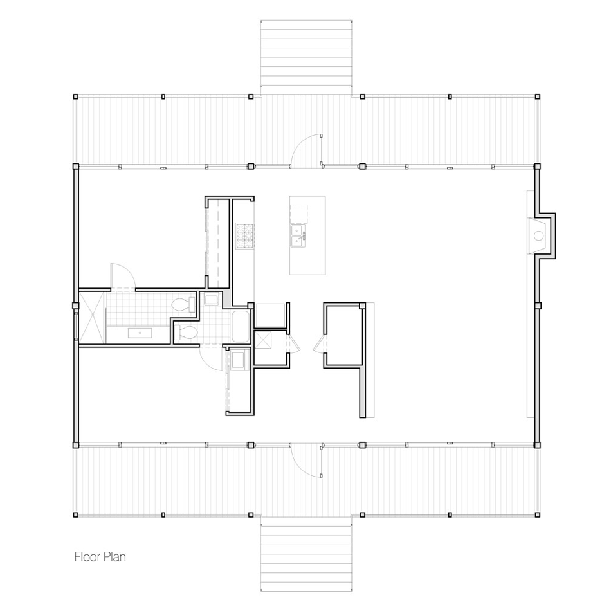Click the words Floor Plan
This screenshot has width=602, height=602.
[x=100, y=557]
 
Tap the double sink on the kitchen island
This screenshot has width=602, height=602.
[x=298, y=236]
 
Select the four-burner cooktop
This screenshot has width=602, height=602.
[x=245, y=235]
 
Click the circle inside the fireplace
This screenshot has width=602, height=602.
[x=539, y=236]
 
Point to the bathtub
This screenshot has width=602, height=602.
[x=241, y=327]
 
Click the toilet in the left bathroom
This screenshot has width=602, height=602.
[x=183, y=306]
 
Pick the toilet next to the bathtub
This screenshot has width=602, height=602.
[x=185, y=333]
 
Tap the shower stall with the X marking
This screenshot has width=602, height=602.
[x=92, y=318]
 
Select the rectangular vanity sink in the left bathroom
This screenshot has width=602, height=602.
[x=140, y=333]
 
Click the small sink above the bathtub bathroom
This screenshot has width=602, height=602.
[x=211, y=299]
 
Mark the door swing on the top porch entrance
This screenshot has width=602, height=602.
[x=306, y=150]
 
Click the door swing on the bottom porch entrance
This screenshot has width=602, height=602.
[x=306, y=461]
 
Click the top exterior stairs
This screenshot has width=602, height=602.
[x=306, y=58]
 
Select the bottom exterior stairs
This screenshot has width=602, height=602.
[x=306, y=554]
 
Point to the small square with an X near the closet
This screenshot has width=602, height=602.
[x=263, y=340]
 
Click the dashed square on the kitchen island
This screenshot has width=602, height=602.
[x=298, y=214]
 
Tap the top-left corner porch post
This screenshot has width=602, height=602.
[x=76, y=96]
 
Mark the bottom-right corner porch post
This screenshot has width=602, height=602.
[x=538, y=515]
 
